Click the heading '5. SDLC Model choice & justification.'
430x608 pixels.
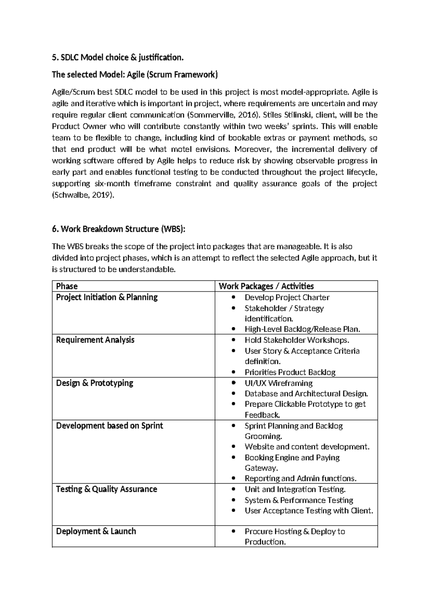point(118,57)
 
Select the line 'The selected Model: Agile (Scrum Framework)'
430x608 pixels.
point(134,75)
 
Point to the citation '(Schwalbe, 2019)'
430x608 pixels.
point(83,195)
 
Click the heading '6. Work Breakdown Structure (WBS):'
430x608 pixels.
point(119,229)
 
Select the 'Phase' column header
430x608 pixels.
point(67,286)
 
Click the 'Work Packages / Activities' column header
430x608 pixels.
point(266,286)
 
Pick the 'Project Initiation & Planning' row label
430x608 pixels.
point(107,297)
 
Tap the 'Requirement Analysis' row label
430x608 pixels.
point(95,340)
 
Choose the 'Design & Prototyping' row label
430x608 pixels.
point(95,383)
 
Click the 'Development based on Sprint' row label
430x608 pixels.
point(109,426)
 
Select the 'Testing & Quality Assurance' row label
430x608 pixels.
point(106,489)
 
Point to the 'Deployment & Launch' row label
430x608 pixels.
point(96,531)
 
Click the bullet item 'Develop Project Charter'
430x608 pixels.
point(287,298)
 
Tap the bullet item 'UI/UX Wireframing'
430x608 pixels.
point(278,383)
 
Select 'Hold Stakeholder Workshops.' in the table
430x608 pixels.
point(297,340)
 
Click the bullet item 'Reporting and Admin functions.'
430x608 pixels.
point(300,479)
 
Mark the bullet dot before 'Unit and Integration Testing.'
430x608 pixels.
point(234,489)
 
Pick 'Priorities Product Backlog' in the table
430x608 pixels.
point(290,372)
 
